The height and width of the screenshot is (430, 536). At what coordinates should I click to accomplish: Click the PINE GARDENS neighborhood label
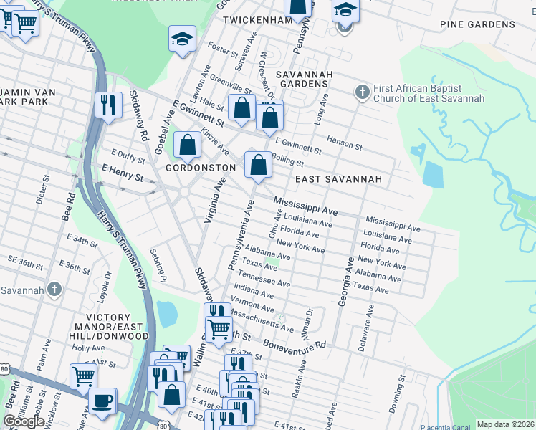(x=477, y=24)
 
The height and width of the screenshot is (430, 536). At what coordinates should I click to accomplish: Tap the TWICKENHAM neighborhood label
(x=254, y=20)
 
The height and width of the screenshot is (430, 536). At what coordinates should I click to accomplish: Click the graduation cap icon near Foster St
(x=182, y=38)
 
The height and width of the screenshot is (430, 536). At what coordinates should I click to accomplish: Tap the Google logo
(x=23, y=421)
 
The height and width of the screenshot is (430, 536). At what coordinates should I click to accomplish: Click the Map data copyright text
(x=505, y=424)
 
